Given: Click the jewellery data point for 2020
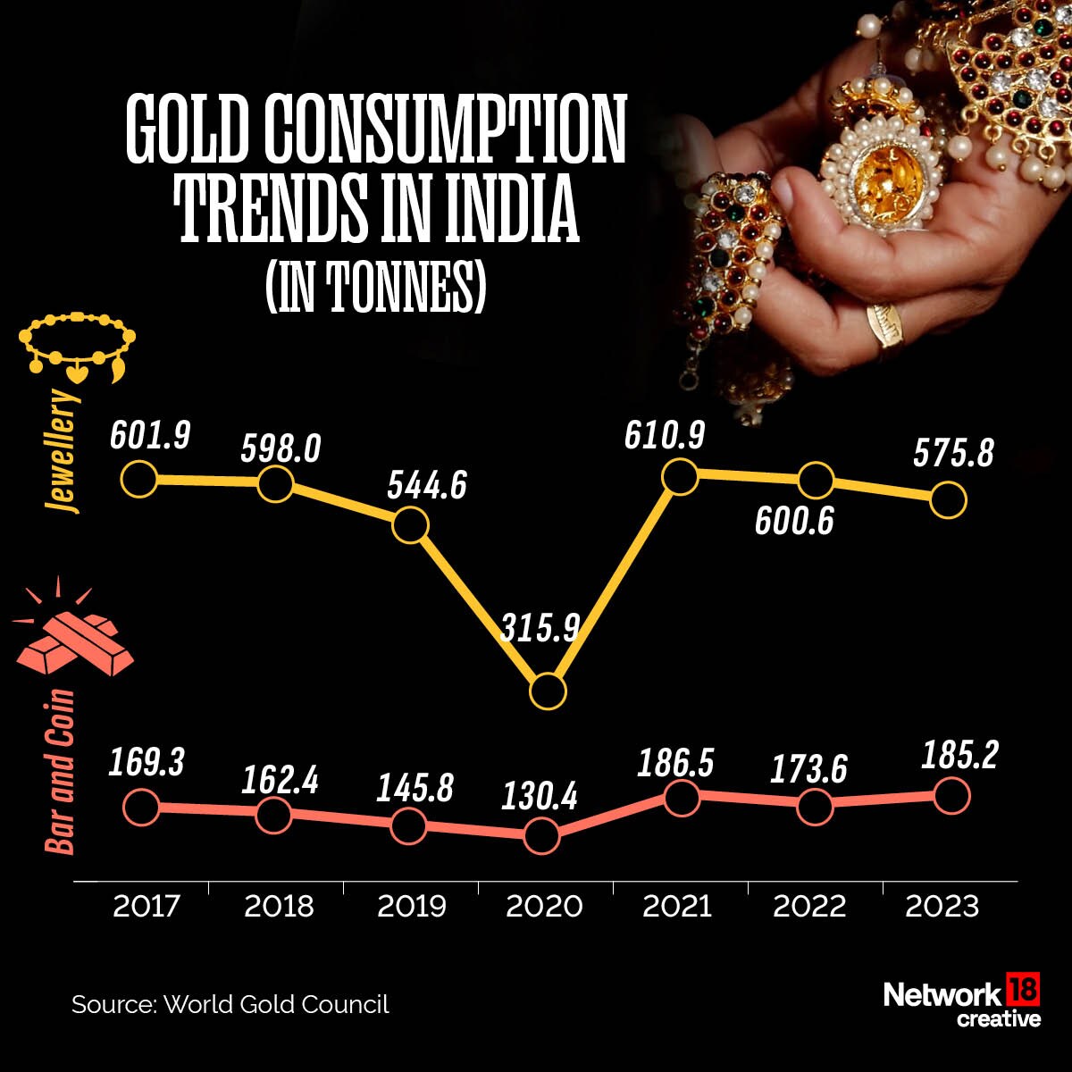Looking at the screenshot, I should tap(548, 691).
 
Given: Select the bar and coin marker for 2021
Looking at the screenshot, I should tap(681, 797).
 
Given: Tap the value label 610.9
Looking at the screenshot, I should tap(665, 437).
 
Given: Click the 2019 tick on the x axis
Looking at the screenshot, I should tap(411, 907).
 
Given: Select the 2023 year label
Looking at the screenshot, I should tap(942, 907).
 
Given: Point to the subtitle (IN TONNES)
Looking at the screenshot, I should tap(375, 288).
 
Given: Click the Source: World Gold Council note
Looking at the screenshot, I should tap(230, 1004).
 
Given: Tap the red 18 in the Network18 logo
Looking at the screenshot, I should tap(1024, 991).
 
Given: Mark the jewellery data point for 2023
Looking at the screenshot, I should tap(949, 500).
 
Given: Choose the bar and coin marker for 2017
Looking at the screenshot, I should tap(140, 808).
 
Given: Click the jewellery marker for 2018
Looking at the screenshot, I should tap(275, 483).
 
